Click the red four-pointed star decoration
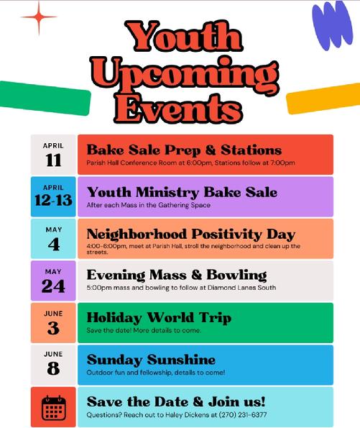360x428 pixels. point(39,17)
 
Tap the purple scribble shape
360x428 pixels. point(333,25)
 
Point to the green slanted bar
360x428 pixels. point(45,98)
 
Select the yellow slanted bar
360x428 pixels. point(323,99)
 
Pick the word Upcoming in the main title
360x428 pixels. point(185,75)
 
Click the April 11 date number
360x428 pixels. point(53,160)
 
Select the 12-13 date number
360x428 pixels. point(53,200)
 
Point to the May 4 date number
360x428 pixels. point(54,244)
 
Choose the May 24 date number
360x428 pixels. point(53,286)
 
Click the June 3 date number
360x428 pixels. point(53,328)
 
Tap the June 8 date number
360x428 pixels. point(53,368)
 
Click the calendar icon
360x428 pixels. point(54,408)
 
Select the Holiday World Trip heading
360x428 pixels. point(159,317)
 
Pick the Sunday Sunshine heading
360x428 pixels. point(151,360)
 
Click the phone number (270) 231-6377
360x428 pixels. point(243,414)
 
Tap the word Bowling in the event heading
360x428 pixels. point(236,275)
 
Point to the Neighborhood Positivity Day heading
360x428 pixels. point(191,234)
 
